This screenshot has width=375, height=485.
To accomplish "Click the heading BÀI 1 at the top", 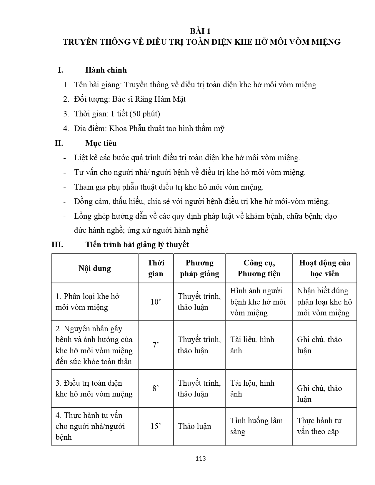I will coord(200,31).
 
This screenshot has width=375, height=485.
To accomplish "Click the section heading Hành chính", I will coord(106,70).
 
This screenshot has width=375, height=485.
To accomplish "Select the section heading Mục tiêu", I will coord(101,143).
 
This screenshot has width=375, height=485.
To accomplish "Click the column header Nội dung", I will coord(95,268).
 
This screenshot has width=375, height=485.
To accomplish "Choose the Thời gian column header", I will coord(156,268).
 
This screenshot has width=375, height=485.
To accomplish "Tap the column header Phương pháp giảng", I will coord(199,268).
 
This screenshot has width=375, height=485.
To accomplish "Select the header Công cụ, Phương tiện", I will coord(259,268).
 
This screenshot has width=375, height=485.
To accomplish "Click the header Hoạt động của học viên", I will coord(325,268).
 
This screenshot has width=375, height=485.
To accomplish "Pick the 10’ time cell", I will coord(156,302).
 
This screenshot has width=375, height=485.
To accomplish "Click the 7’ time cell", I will coord(156,345).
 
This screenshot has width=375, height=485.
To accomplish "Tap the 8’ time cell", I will coord(156,388).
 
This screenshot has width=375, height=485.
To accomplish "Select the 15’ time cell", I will coord(156,426).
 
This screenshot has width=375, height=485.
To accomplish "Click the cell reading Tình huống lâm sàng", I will coord(256,426).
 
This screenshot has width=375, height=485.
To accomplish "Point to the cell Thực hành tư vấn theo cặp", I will coord(319,426).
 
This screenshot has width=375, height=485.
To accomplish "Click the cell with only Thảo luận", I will coord(194,426).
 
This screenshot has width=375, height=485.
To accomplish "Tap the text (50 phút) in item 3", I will coord(144,114).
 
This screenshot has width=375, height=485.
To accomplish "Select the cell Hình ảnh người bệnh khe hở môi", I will coord(258,302).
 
